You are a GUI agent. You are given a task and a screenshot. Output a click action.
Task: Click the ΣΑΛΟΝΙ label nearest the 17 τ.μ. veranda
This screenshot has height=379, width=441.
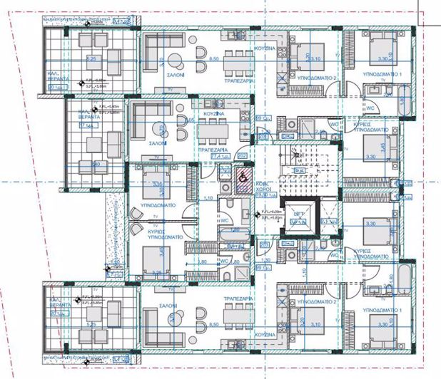coord(158,142)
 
